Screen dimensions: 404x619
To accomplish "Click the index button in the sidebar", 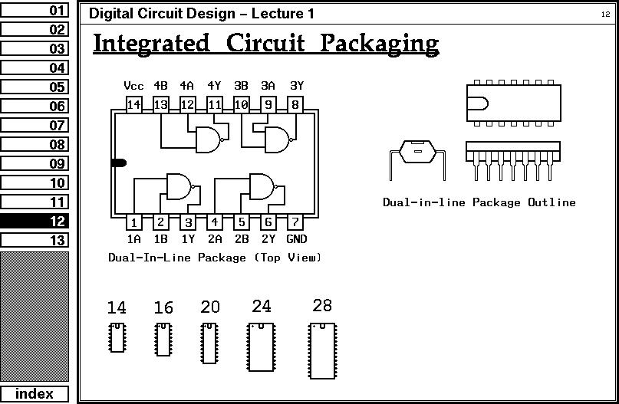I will coord(35,394).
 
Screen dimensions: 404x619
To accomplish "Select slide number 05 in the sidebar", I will coord(35,87).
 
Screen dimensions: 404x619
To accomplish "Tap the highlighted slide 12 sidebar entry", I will coord(35,221).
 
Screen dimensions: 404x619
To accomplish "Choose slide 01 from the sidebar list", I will coord(35,11).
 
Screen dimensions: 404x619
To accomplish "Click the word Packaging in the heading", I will coord(379,44).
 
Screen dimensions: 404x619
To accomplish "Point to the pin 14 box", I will coord(133,105).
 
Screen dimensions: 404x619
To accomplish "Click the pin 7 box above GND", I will coord(295,222).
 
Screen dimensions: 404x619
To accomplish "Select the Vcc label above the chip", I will coord(133,86).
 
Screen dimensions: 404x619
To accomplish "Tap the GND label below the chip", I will coord(296,239).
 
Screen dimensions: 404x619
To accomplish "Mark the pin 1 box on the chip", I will coord(134,222).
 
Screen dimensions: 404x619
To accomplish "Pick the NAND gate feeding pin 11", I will coord(209,140).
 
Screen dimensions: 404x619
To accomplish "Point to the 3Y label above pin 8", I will coord(296,86).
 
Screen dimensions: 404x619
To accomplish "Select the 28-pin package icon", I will coord(323,350).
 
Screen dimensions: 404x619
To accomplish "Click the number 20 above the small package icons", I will coord(209,307).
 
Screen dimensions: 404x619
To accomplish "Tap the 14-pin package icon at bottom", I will coord(117,337).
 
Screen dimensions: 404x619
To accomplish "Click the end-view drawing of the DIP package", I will coord(417,156).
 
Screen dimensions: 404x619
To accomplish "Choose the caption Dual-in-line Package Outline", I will coord(479,202).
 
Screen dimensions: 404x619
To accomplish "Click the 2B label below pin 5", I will coord(242,239).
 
